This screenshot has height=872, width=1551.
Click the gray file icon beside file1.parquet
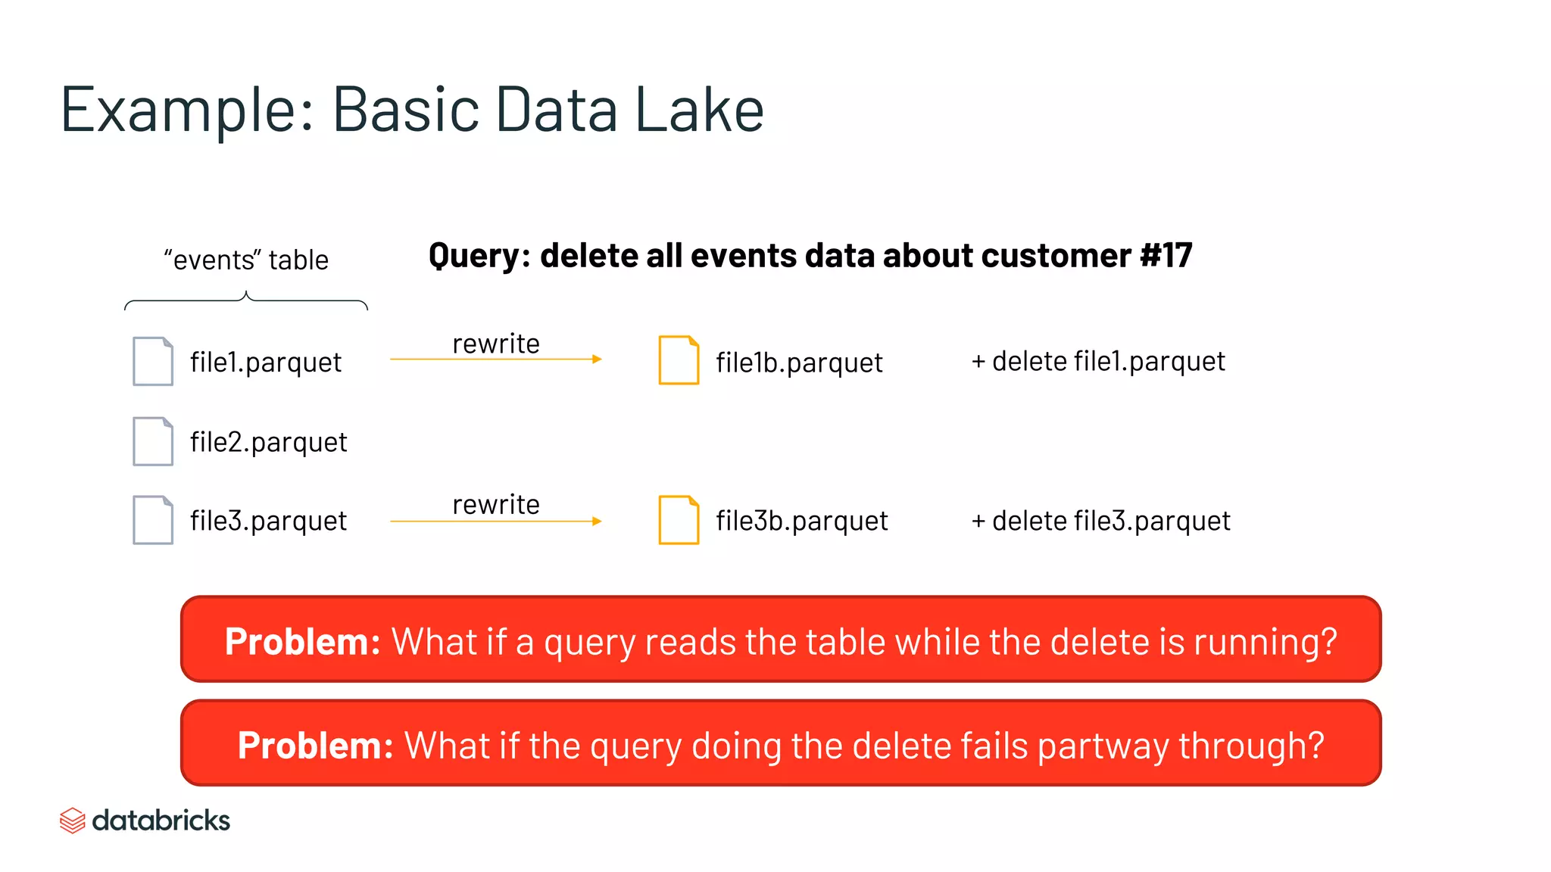(x=152, y=362)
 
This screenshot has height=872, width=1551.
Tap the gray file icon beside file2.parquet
(x=152, y=441)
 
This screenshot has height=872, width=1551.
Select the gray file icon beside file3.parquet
(x=152, y=520)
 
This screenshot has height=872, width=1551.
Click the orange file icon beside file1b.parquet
(x=679, y=360)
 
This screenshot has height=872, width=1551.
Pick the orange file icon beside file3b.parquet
(x=679, y=520)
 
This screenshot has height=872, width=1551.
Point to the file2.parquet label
(x=268, y=442)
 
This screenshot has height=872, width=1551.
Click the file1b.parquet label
(x=799, y=363)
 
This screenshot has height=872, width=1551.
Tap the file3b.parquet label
(x=802, y=521)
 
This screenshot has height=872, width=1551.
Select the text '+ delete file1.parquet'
(x=1098, y=362)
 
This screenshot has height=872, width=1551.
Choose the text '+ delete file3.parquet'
(x=1100, y=521)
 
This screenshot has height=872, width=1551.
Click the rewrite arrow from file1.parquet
(x=496, y=359)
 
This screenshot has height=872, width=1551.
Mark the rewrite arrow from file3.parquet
(x=496, y=521)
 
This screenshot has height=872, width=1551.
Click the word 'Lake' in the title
(x=699, y=110)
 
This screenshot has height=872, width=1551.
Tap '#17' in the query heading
(x=1166, y=256)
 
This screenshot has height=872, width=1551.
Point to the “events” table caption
(x=246, y=260)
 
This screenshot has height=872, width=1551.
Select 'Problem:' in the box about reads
(x=302, y=642)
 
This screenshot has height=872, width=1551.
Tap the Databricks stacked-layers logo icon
(x=72, y=821)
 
